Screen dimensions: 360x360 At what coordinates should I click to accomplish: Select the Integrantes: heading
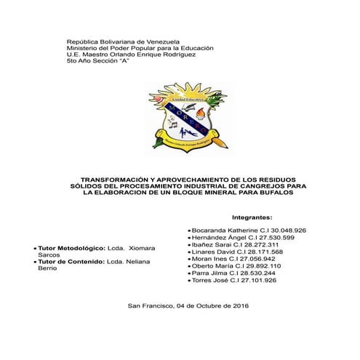(251, 217)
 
